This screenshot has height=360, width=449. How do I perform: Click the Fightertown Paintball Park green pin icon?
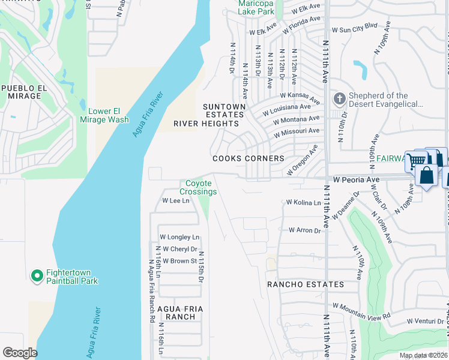click(x=37, y=275)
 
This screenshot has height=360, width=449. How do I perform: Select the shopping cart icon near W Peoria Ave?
click(x=415, y=161)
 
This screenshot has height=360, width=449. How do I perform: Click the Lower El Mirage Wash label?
click(x=104, y=115)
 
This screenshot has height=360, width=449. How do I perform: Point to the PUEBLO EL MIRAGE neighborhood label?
click(x=24, y=92)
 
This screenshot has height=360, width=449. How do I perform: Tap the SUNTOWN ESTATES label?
click(x=224, y=111)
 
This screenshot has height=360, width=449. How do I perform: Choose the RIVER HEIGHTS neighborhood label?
click(x=206, y=124)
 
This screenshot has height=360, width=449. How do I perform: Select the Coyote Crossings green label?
click(x=198, y=187)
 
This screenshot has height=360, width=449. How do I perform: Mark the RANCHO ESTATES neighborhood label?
click(x=306, y=284)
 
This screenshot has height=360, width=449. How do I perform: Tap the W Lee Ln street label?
click(x=175, y=200)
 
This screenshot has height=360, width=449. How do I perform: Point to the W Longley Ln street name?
click(x=179, y=237)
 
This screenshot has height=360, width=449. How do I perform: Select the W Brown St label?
click(x=177, y=261)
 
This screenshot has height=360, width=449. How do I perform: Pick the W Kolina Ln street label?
click(x=303, y=203)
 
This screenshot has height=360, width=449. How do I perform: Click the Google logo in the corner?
click(x=20, y=352)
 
